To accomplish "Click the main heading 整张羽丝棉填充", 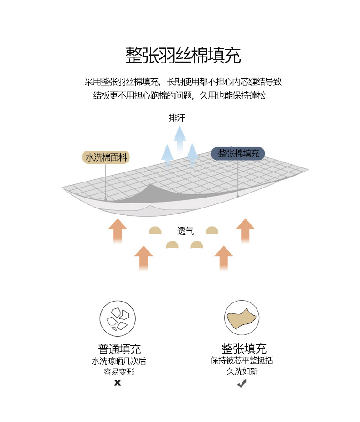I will coord(183,56).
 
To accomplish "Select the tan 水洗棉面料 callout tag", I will coord(107,157).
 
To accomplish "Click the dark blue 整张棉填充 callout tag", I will coord(238,153).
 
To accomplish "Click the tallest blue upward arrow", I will coord(180,137).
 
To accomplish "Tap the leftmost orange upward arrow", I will coord(118,230).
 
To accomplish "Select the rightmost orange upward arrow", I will coord(245,230).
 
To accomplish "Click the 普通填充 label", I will coord(119,349).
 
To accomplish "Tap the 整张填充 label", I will coord(244,349).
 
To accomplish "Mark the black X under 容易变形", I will coord(118,383).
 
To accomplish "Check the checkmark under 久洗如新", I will coord(242,384).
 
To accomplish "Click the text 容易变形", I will coord(119,372).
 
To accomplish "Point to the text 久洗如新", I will coord(242,371).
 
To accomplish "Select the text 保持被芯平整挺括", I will coord(242,360).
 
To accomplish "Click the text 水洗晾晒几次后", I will coord(119,361).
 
